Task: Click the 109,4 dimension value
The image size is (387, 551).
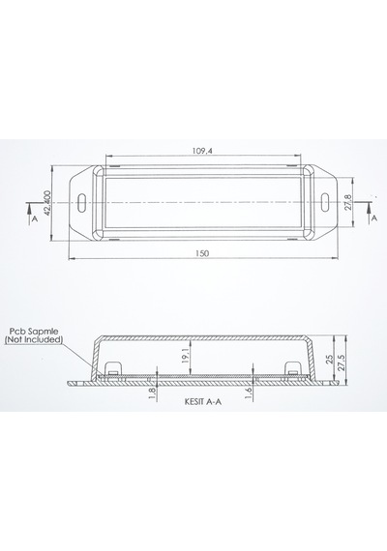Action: (203, 151)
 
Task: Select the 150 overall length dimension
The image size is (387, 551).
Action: (203, 253)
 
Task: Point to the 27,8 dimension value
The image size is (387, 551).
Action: (348, 203)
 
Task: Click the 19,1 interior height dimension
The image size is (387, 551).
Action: (187, 357)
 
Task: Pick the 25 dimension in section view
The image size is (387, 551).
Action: (330, 360)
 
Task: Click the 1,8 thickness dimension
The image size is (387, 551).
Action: (152, 392)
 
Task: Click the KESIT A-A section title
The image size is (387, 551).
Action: (203, 402)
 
